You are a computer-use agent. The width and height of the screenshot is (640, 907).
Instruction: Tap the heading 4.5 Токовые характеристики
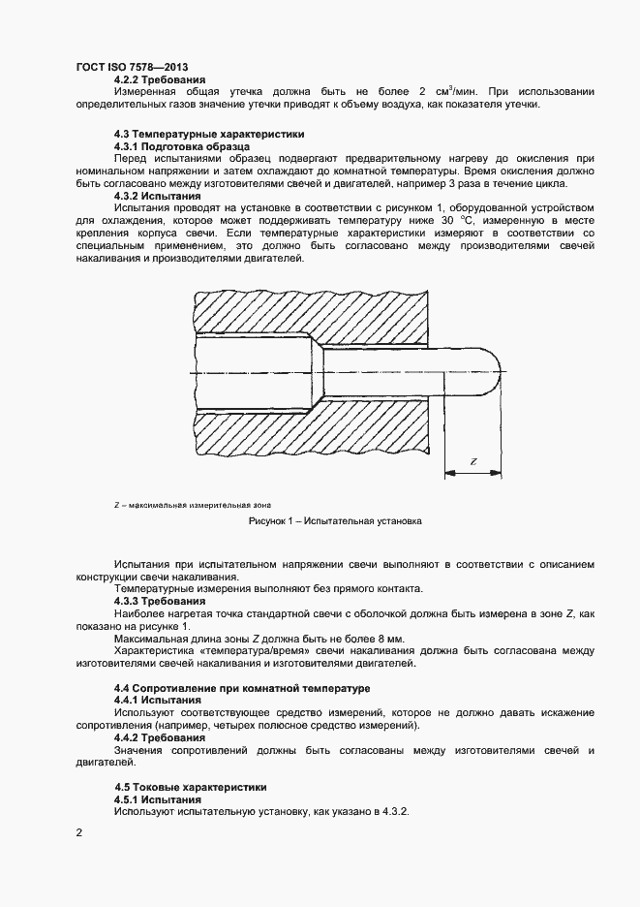(190, 787)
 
